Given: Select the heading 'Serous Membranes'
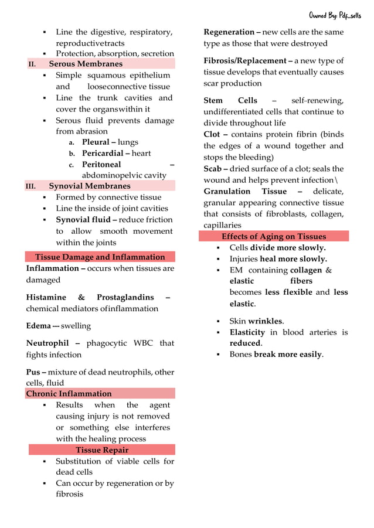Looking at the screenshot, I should (86, 64).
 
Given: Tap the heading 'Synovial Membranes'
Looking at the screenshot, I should (89, 186).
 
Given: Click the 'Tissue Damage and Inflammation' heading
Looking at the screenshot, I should (100, 257).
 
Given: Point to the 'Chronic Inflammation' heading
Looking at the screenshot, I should (69, 394).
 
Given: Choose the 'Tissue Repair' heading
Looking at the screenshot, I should (102, 450).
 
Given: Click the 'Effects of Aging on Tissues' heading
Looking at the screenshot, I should (273, 237).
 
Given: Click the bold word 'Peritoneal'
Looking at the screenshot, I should (101, 165).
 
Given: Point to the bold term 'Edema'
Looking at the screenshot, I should (38, 326).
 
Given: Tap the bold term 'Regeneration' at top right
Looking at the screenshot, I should (229, 32).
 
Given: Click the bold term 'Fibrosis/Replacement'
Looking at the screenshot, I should (247, 61).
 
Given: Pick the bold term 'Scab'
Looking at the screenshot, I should (212, 169).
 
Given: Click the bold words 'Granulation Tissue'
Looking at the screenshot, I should (245, 192).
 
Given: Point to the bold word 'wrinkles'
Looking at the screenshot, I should (265, 321).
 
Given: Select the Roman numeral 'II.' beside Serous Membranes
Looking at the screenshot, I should (32, 64).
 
